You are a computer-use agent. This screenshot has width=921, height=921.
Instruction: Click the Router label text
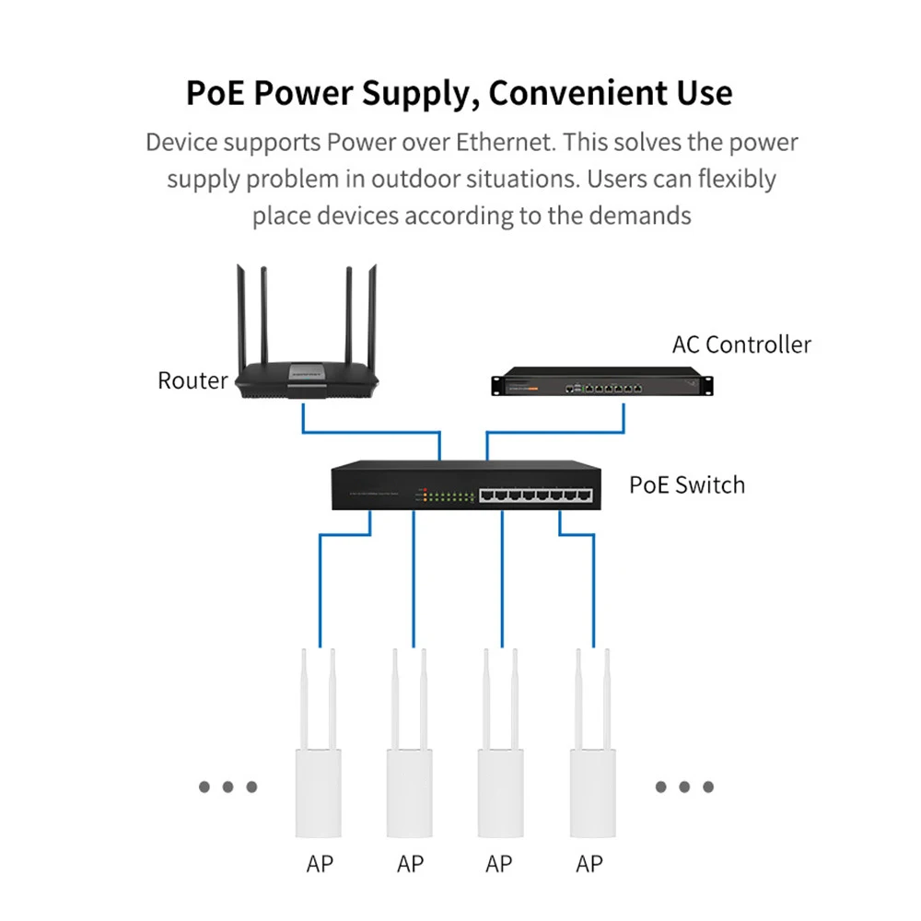(192, 380)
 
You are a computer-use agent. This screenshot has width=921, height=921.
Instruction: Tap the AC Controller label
(741, 344)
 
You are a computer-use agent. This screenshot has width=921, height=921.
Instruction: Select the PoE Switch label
(687, 485)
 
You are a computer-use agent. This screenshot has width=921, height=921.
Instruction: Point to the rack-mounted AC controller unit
(602, 381)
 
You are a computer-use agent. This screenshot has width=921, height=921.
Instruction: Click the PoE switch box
(466, 485)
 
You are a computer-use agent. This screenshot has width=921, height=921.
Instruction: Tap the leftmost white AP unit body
(319, 793)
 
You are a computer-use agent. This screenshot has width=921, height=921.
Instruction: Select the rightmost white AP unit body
(592, 793)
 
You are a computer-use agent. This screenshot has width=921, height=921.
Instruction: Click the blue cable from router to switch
(371, 432)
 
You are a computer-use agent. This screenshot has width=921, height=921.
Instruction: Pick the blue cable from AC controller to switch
(555, 432)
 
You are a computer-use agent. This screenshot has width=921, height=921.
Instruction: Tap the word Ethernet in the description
(505, 142)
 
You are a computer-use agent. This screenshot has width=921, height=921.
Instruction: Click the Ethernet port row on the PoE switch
(536, 495)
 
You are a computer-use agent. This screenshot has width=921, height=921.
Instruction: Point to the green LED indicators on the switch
(451, 497)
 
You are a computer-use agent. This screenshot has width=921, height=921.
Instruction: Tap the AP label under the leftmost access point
(320, 864)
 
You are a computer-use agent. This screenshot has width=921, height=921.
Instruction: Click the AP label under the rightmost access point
(589, 864)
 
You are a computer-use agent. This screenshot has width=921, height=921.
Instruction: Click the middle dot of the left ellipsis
(227, 787)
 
